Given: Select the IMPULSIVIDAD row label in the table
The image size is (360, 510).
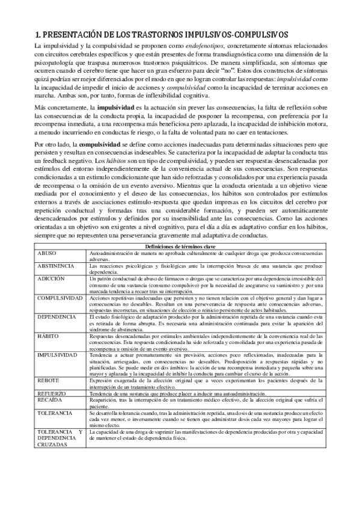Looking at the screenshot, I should point(58,356).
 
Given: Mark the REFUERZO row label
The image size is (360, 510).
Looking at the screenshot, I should point(51,392).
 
